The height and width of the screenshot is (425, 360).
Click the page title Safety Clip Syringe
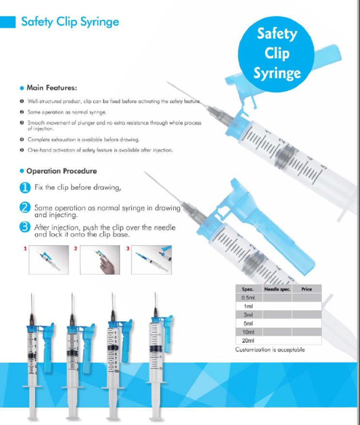pyautogui.click(x=70, y=22)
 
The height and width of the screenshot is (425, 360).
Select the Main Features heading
pyautogui.click(x=51, y=88)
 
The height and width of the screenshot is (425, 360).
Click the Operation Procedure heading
pyautogui.click(x=61, y=171)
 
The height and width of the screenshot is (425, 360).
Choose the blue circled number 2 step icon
pyautogui.click(x=25, y=207)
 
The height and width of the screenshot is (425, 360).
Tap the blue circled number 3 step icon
pyautogui.click(x=25, y=227)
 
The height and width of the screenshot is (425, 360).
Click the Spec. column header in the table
pyautogui.click(x=248, y=289)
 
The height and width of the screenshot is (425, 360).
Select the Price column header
pyautogui.click(x=306, y=289)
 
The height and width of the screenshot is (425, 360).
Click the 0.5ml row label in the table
pyautogui.click(x=248, y=298)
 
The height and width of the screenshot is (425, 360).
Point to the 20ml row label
pyautogui.click(x=248, y=341)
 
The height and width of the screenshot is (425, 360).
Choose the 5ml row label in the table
pyautogui.click(x=248, y=323)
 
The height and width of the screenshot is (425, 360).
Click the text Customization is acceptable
pyautogui.click(x=270, y=350)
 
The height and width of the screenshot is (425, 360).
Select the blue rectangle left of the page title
pyautogui.click(x=8, y=22)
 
